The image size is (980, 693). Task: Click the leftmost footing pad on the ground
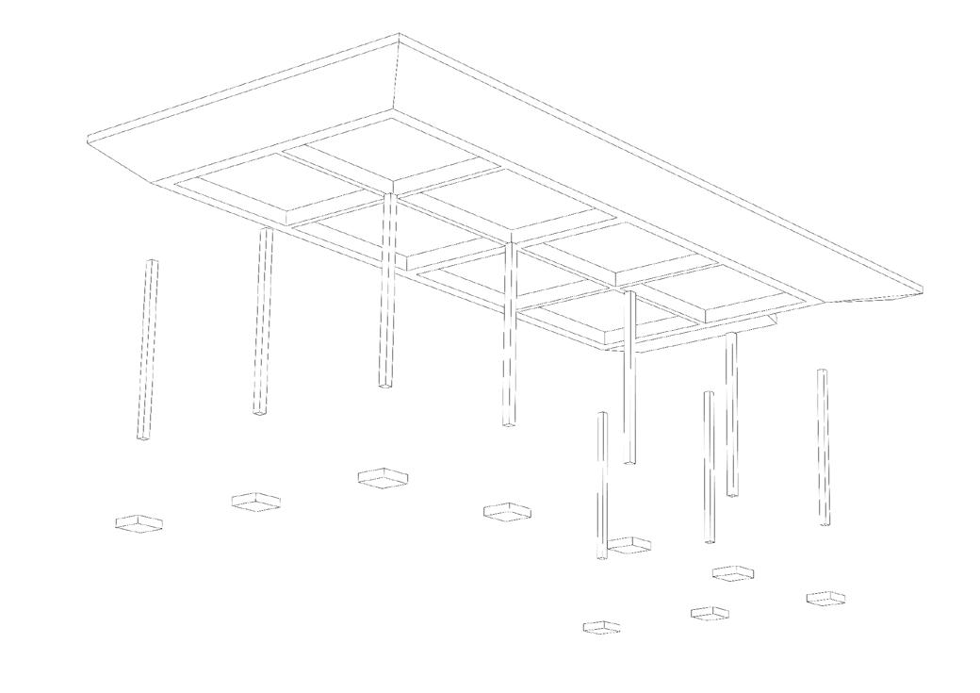[139, 522]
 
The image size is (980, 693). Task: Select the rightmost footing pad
[825, 598]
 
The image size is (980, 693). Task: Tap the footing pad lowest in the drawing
[601, 627]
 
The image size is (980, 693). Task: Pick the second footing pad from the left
[256, 501]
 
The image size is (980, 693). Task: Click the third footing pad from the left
[383, 477]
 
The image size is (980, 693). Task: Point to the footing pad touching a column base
[629, 545]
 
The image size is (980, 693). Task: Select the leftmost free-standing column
[148, 350]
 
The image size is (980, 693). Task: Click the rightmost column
[824, 446]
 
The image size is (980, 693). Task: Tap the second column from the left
[263, 321]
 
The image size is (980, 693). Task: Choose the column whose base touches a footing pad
[602, 486]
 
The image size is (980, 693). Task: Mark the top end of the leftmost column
[153, 262]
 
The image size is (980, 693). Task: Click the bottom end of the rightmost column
[825, 522]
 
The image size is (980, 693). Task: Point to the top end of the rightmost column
[822, 371]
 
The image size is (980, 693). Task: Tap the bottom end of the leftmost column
[142, 438]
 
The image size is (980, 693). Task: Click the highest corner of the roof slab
[400, 36]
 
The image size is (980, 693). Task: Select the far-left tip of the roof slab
[87, 141]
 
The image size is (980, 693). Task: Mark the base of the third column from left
[385, 385]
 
